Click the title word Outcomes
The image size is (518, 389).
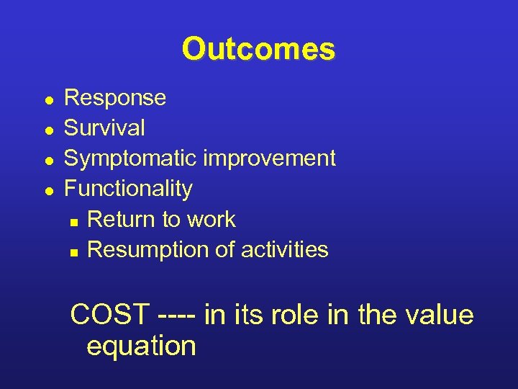click(x=258, y=50)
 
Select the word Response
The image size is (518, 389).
click(x=115, y=98)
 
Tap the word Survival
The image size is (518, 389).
click(x=104, y=128)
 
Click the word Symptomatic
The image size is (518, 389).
click(x=131, y=158)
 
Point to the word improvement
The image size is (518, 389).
click(x=269, y=158)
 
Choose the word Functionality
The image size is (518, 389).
click(x=128, y=189)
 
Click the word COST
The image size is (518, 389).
click(x=110, y=315)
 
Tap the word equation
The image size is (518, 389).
click(x=141, y=346)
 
